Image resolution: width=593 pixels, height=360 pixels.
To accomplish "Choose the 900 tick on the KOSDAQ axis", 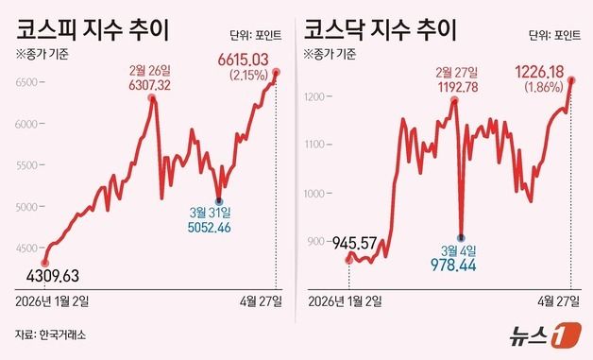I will [x=317, y=243].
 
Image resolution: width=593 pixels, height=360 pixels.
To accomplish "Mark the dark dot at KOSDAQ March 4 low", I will [x=461, y=237].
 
